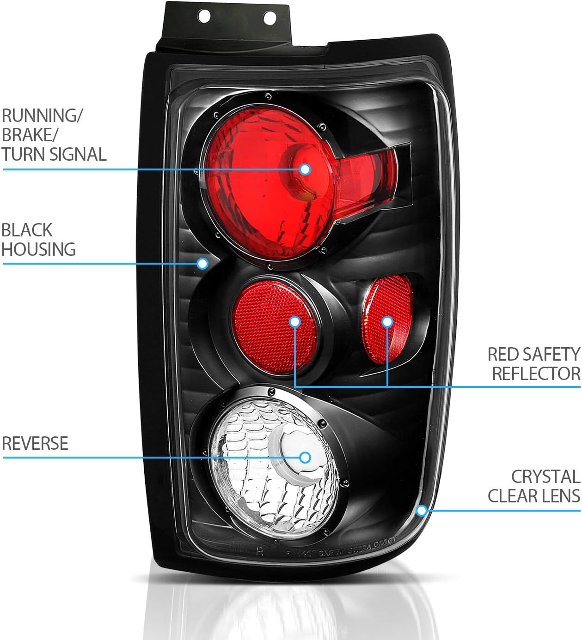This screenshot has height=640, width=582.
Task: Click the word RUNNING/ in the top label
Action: [42, 115]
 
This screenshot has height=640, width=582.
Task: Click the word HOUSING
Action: [38, 249]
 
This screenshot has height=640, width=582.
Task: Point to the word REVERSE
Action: [35, 443]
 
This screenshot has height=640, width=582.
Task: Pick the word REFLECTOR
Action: [536, 374]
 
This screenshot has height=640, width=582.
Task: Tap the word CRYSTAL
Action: [545, 477]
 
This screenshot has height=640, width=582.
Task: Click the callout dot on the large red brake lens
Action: [305, 169]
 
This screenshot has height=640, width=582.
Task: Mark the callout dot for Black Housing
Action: [202, 264]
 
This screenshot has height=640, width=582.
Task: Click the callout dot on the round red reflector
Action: [295, 322]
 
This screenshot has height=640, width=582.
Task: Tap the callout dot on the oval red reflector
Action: [387, 322]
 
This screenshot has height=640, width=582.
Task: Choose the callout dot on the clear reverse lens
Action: [305, 458]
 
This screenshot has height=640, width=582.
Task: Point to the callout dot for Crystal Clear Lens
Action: [421, 510]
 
